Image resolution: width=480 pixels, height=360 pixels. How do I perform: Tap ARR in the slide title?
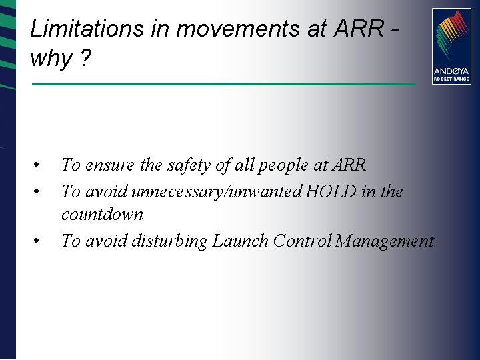[361, 29]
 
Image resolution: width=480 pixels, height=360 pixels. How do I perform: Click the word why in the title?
[51, 59]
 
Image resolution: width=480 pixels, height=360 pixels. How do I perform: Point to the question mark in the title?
[84, 59]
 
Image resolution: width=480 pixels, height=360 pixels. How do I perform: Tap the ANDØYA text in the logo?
[451, 71]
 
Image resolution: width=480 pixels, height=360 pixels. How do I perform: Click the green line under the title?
[223, 84]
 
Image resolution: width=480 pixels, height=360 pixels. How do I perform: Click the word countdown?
[102, 215]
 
